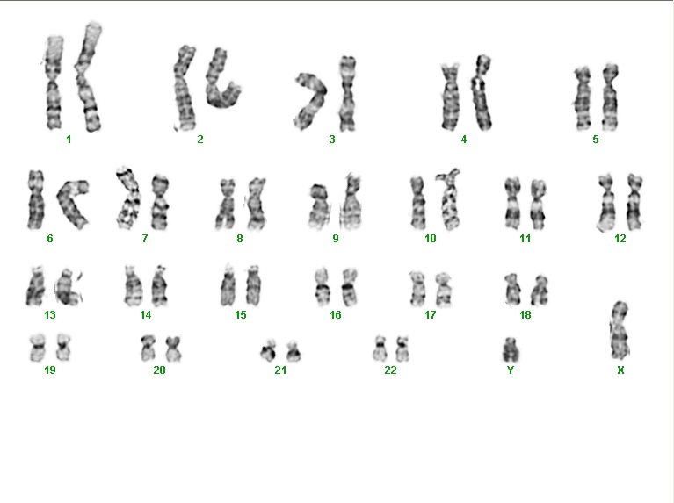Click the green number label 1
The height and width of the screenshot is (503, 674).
click(x=69, y=140)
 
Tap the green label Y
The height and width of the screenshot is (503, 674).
click(x=511, y=370)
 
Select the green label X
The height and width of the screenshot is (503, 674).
click(x=620, y=370)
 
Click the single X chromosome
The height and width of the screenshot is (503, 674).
click(x=620, y=330)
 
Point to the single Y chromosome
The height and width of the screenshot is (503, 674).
click(x=511, y=349)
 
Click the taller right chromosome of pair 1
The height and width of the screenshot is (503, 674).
click(x=89, y=77)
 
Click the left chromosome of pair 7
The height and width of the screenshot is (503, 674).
click(x=129, y=198)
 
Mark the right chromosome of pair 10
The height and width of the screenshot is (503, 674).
click(x=448, y=199)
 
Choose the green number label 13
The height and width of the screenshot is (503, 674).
click(x=50, y=315)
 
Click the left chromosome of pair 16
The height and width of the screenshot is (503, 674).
click(x=322, y=287)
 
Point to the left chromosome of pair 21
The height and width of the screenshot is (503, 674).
click(x=269, y=350)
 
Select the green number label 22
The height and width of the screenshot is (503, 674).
click(x=390, y=370)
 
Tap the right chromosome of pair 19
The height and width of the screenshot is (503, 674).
click(x=63, y=347)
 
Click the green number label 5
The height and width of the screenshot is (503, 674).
click(x=595, y=140)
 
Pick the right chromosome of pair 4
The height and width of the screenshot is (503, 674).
click(x=482, y=93)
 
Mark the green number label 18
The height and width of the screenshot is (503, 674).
click(x=525, y=315)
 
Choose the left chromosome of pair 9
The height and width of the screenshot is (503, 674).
click(x=319, y=205)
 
